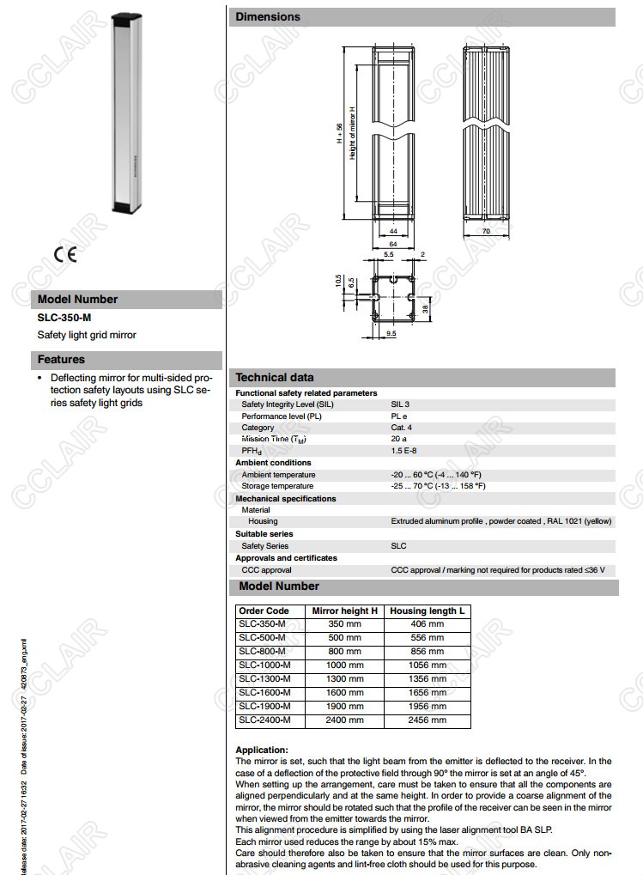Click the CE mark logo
(x=64, y=255)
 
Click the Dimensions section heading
(x=268, y=16)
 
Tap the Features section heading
(x=61, y=360)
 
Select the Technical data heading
(x=275, y=377)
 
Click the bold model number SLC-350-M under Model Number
(x=64, y=318)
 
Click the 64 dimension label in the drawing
(x=392, y=245)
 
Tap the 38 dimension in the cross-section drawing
(x=425, y=309)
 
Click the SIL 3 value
(x=400, y=404)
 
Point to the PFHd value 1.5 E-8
(x=404, y=451)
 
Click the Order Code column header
(x=264, y=611)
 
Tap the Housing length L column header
(x=427, y=611)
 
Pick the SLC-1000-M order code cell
(x=264, y=665)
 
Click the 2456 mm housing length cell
(x=427, y=720)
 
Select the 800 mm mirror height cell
(x=344, y=651)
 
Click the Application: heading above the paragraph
(x=262, y=750)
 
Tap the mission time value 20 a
(x=399, y=439)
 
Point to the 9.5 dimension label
(x=391, y=332)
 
